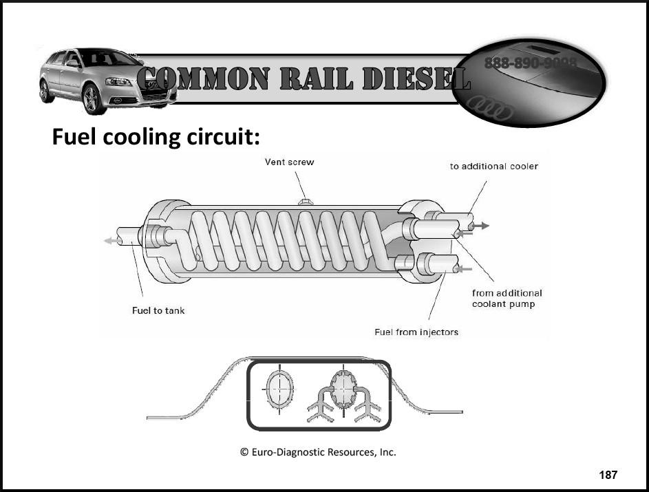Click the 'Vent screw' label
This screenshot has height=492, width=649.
[x=289, y=162]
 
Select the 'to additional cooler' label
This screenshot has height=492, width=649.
[x=494, y=167]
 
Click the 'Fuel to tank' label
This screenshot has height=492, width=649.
[x=158, y=310]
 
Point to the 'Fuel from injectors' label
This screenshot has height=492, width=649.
[x=416, y=332]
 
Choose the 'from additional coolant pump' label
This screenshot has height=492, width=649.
[x=507, y=299]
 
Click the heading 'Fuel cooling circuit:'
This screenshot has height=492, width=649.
[x=156, y=137]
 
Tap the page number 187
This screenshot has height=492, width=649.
[x=608, y=475]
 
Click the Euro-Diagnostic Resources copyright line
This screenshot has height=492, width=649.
[x=317, y=452]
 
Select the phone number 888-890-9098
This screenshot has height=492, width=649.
[x=530, y=63]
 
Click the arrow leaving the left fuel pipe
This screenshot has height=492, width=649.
[x=109, y=240]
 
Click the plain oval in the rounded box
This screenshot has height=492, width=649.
[x=280, y=389]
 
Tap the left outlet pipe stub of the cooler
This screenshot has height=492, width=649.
[x=128, y=236]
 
